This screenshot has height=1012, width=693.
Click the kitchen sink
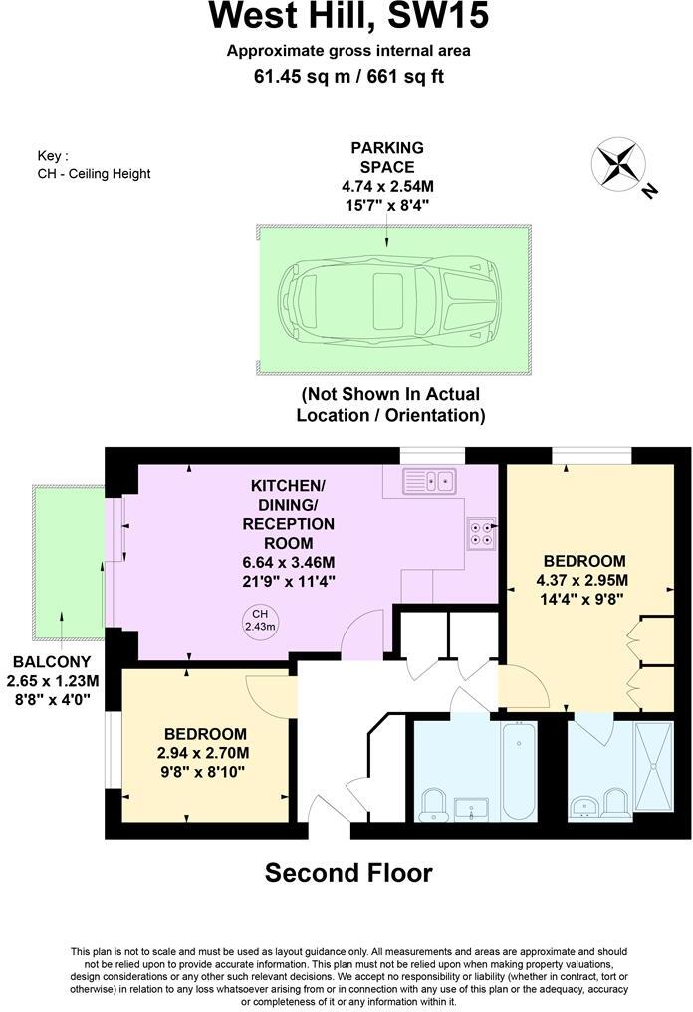pyautogui.click(x=430, y=482)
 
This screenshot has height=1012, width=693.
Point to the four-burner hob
pyautogui.click(x=482, y=533)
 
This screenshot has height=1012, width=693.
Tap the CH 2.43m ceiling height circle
pyautogui.click(x=259, y=620)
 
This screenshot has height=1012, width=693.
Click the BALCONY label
pyautogui.click(x=52, y=661)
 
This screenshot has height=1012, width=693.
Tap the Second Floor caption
pyautogui.click(x=347, y=873)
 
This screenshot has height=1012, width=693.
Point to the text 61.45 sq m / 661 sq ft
pyautogui.click(x=347, y=72)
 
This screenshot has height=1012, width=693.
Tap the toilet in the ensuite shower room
pyautogui.click(x=615, y=802)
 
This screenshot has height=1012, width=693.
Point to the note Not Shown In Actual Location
pyautogui.click(x=390, y=404)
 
